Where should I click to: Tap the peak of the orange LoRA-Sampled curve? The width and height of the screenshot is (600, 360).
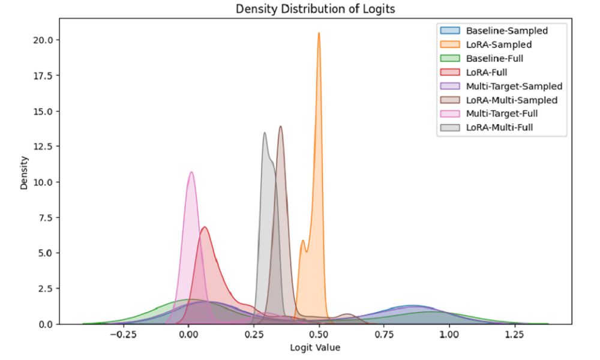click(x=319, y=33)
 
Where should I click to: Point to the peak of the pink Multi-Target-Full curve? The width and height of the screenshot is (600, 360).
click(x=191, y=172)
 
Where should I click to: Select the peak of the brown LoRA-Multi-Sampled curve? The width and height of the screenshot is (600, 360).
click(x=280, y=126)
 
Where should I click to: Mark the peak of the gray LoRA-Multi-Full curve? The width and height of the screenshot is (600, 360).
click(x=264, y=133)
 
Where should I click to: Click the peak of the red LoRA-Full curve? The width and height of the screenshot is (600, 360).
click(x=205, y=227)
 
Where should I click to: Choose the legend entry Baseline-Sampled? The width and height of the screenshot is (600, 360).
click(x=515, y=30)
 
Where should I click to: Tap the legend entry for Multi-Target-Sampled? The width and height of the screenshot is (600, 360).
click(x=514, y=86)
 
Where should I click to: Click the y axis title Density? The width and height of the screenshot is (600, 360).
click(x=25, y=174)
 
